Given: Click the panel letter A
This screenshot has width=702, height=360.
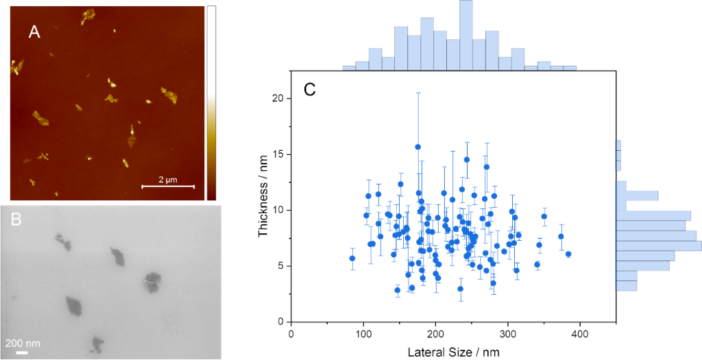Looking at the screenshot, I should pos(34,32).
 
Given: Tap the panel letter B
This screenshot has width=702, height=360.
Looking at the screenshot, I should pos(18,220).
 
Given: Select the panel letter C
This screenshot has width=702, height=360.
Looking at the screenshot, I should pos(310,89).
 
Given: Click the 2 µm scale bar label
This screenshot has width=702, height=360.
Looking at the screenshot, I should pos(168,179).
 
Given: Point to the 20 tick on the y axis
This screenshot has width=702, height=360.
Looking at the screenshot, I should pos(278,98).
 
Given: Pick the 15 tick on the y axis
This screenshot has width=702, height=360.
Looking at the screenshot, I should pos(278,154).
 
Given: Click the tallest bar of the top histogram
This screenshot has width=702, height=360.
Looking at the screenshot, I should pos(466,35).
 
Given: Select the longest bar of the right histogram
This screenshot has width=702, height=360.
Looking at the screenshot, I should pos(659,245).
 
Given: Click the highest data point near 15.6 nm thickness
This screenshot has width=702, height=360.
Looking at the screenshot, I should pos(417,147).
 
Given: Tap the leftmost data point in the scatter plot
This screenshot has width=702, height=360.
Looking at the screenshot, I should pos(352,259).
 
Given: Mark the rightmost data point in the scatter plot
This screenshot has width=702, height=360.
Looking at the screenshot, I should pos(568,254).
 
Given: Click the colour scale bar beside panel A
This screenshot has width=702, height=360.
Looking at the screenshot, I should pos(211,103).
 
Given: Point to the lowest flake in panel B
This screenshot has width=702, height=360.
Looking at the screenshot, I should pos(97,344).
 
